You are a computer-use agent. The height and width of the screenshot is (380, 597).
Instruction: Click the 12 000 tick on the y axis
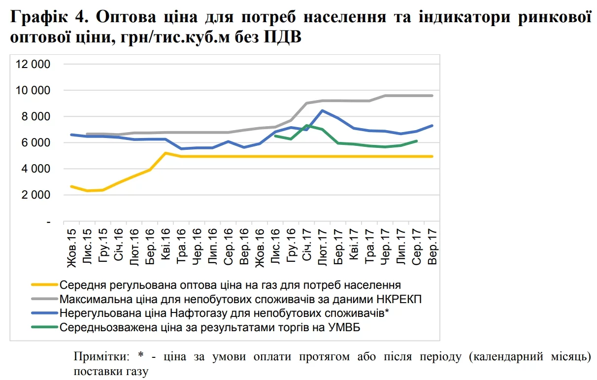(33, 64)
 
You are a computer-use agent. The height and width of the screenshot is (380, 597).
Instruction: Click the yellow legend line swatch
(44, 285)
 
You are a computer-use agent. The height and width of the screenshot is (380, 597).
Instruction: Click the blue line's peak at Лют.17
(322, 110)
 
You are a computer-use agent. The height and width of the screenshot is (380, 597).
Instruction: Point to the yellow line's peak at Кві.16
(166, 153)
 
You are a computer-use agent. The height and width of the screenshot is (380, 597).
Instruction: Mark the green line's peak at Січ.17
(306, 125)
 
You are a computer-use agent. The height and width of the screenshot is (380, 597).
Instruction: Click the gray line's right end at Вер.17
(432, 96)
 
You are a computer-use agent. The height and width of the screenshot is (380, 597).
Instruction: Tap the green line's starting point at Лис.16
(275, 136)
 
